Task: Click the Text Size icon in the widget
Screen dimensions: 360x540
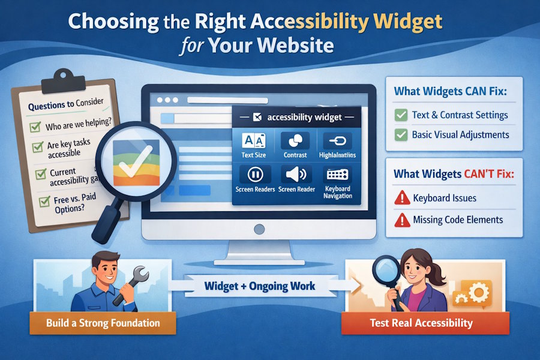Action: coord(252,141)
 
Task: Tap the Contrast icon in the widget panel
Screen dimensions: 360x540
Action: coord(295,142)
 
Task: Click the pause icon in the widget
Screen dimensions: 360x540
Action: coord(254,175)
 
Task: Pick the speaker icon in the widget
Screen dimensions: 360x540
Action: coord(295,175)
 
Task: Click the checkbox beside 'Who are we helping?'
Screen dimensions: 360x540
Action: coord(35,127)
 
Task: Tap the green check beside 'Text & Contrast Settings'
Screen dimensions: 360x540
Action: coord(400,115)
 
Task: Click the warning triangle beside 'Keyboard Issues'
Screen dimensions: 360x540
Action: coord(400,197)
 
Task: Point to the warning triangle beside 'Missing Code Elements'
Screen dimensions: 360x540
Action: coord(400,220)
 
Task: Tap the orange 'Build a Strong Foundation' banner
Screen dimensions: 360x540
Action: coord(103,323)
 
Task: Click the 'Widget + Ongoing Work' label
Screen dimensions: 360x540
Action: coord(260,286)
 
